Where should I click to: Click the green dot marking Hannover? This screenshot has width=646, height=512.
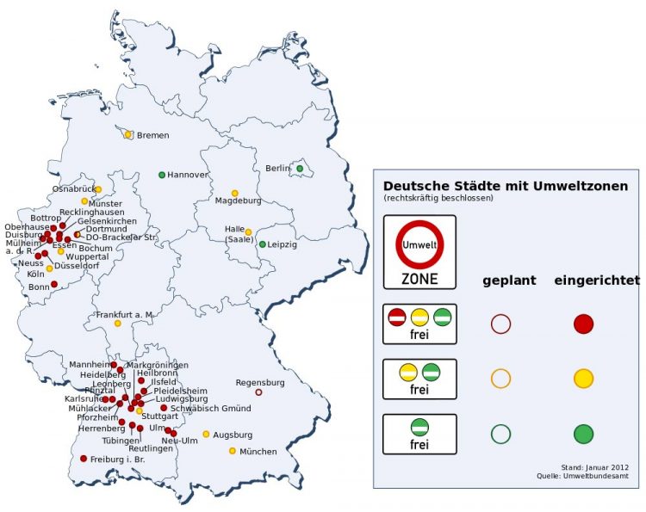[162, 175]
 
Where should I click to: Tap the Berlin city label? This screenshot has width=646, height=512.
[278, 168]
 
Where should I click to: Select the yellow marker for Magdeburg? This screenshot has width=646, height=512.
[234, 194]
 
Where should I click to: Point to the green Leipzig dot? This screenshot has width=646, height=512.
[263, 244]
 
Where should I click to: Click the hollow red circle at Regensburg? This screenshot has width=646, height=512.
[258, 392]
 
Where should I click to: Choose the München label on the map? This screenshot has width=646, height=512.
[258, 452]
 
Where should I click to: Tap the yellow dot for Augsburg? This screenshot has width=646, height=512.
[206, 434]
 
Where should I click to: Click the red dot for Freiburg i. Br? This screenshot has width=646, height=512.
[84, 459]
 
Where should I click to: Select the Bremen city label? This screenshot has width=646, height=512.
[152, 136]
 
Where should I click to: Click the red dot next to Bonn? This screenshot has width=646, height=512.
[54, 284]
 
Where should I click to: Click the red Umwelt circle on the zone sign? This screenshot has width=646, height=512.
[419, 246]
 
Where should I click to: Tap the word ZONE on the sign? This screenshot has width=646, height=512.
[419, 279]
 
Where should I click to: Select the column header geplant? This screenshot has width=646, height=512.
[509, 281]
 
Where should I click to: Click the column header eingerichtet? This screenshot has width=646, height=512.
[596, 281]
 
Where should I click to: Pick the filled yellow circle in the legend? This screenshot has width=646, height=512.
[584, 378]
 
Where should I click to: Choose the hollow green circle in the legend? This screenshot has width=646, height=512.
[500, 433]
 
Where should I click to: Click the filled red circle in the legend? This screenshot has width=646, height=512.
[584, 324]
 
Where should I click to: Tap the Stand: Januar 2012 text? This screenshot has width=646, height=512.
[593, 466]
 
